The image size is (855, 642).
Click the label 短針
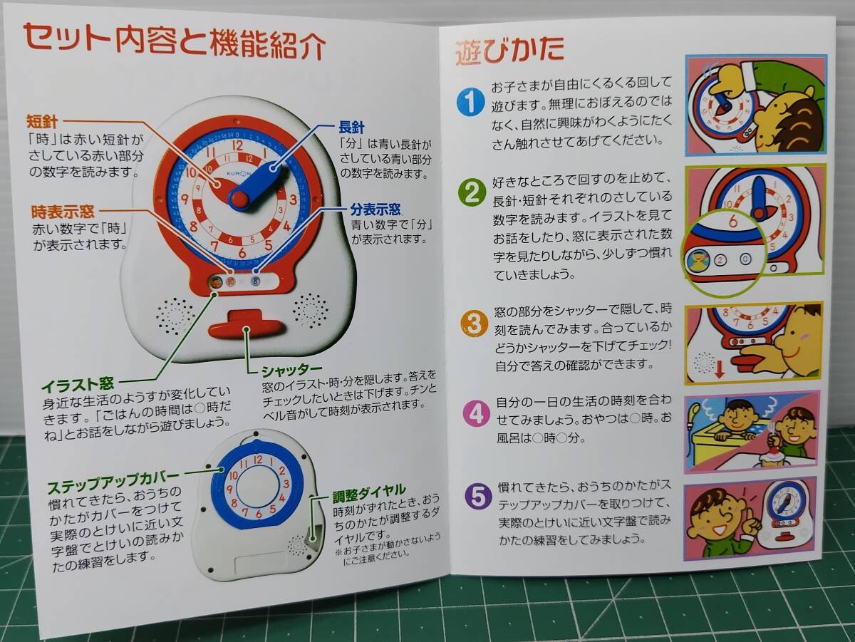42,122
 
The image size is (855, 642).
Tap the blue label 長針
351,128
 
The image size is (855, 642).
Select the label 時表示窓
63,212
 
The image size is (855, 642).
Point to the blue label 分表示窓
375,209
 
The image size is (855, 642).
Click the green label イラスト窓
78,385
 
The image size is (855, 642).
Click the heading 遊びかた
510,51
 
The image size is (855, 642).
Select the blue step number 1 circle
470,102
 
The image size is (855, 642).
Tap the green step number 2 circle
472,192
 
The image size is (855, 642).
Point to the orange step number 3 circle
474,323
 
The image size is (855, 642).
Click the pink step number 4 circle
477,413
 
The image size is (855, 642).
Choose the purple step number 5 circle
478,497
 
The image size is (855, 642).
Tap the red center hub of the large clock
239,200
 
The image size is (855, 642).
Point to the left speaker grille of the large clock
175,316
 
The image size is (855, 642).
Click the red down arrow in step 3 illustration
719,369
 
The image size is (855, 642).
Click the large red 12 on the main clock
237,145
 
